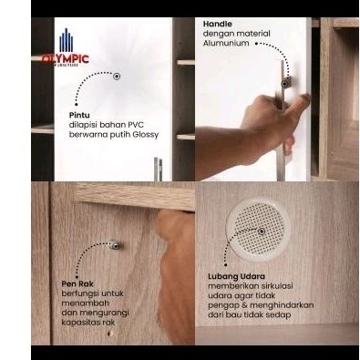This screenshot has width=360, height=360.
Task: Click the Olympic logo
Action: [x=66, y=47]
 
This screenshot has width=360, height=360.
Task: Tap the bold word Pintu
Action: [x=79, y=115]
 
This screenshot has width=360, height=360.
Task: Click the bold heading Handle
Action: [x=217, y=24]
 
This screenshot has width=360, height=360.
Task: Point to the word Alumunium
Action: [x=226, y=43]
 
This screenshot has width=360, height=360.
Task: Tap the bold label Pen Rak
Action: [x=77, y=284]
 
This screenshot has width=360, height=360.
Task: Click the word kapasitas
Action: [x=80, y=323]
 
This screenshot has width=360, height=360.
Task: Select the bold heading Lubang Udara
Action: [x=236, y=276]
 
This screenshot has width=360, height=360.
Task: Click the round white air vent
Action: [x=257, y=230]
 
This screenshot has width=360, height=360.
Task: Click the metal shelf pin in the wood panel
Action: [x=115, y=244]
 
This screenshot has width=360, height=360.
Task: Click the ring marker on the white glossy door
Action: [x=117, y=76]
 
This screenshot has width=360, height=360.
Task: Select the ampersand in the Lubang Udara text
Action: [x=243, y=305]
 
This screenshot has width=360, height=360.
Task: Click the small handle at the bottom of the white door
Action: [x=158, y=169]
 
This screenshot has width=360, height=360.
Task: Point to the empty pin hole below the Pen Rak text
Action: [x=110, y=334]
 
